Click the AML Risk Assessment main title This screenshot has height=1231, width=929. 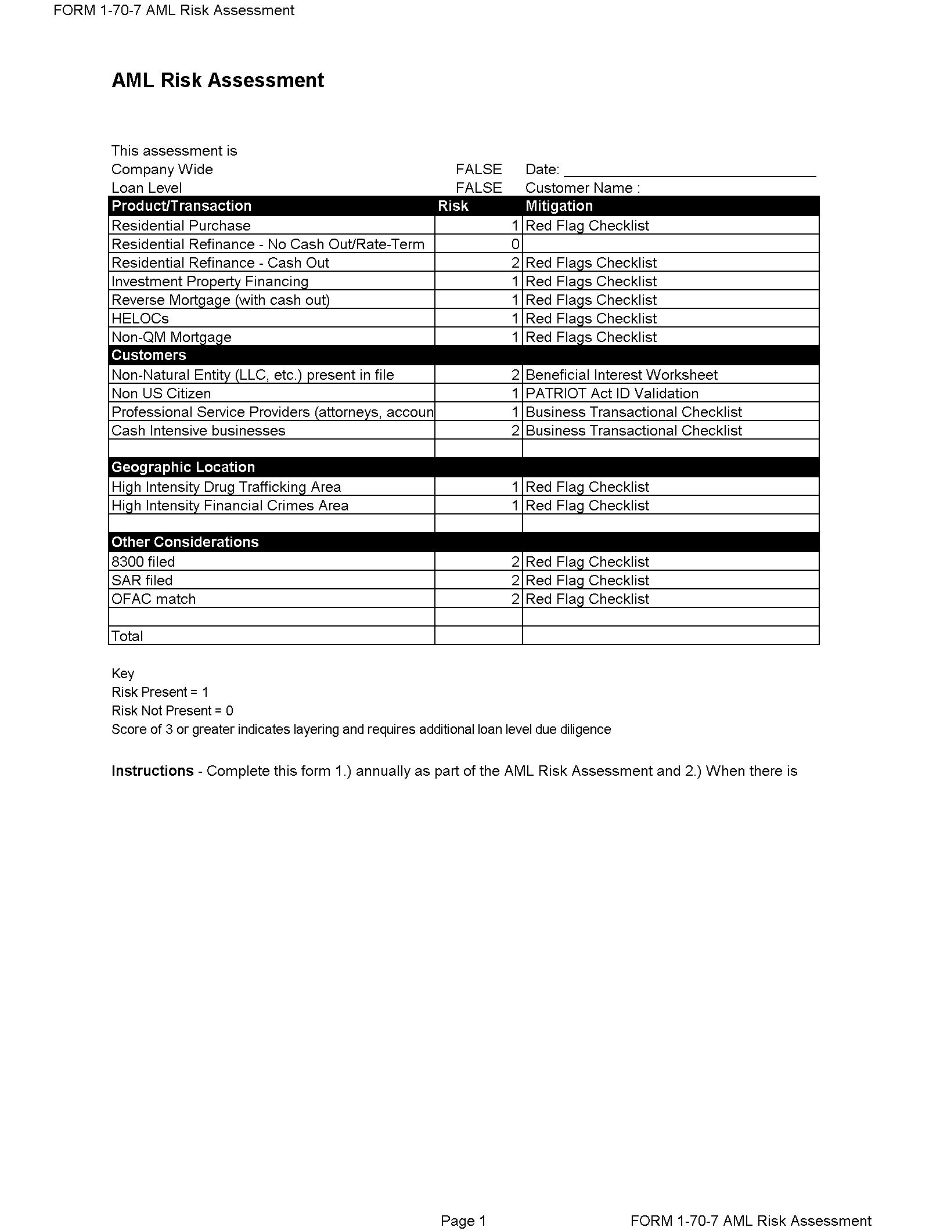pyautogui.click(x=218, y=80)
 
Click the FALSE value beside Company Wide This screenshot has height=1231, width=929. pyautogui.click(x=478, y=170)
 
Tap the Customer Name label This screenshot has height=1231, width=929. pyautogui.click(x=582, y=188)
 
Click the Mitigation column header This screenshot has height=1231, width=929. pyautogui.click(x=559, y=206)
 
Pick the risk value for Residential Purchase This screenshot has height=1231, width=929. pyautogui.click(x=514, y=226)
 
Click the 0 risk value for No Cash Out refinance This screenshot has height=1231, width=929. pyautogui.click(x=514, y=244)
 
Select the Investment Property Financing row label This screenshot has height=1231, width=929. pyautogui.click(x=210, y=282)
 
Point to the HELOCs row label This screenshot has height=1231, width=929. pyautogui.click(x=140, y=319)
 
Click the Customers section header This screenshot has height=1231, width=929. pyautogui.click(x=149, y=355)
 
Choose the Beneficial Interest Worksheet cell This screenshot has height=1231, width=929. pyautogui.click(x=621, y=375)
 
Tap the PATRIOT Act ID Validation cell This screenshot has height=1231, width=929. pyautogui.click(x=611, y=394)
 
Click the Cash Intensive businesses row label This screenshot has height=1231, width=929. pyautogui.click(x=198, y=431)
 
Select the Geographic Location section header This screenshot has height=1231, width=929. pyautogui.click(x=183, y=467)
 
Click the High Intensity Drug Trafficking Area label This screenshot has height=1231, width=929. pyautogui.click(x=226, y=487)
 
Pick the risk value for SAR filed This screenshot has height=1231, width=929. pyautogui.click(x=514, y=581)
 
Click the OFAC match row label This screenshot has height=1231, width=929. pyautogui.click(x=153, y=599)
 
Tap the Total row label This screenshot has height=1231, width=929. pyautogui.click(x=127, y=636)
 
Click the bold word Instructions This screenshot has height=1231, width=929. pyautogui.click(x=152, y=771)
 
